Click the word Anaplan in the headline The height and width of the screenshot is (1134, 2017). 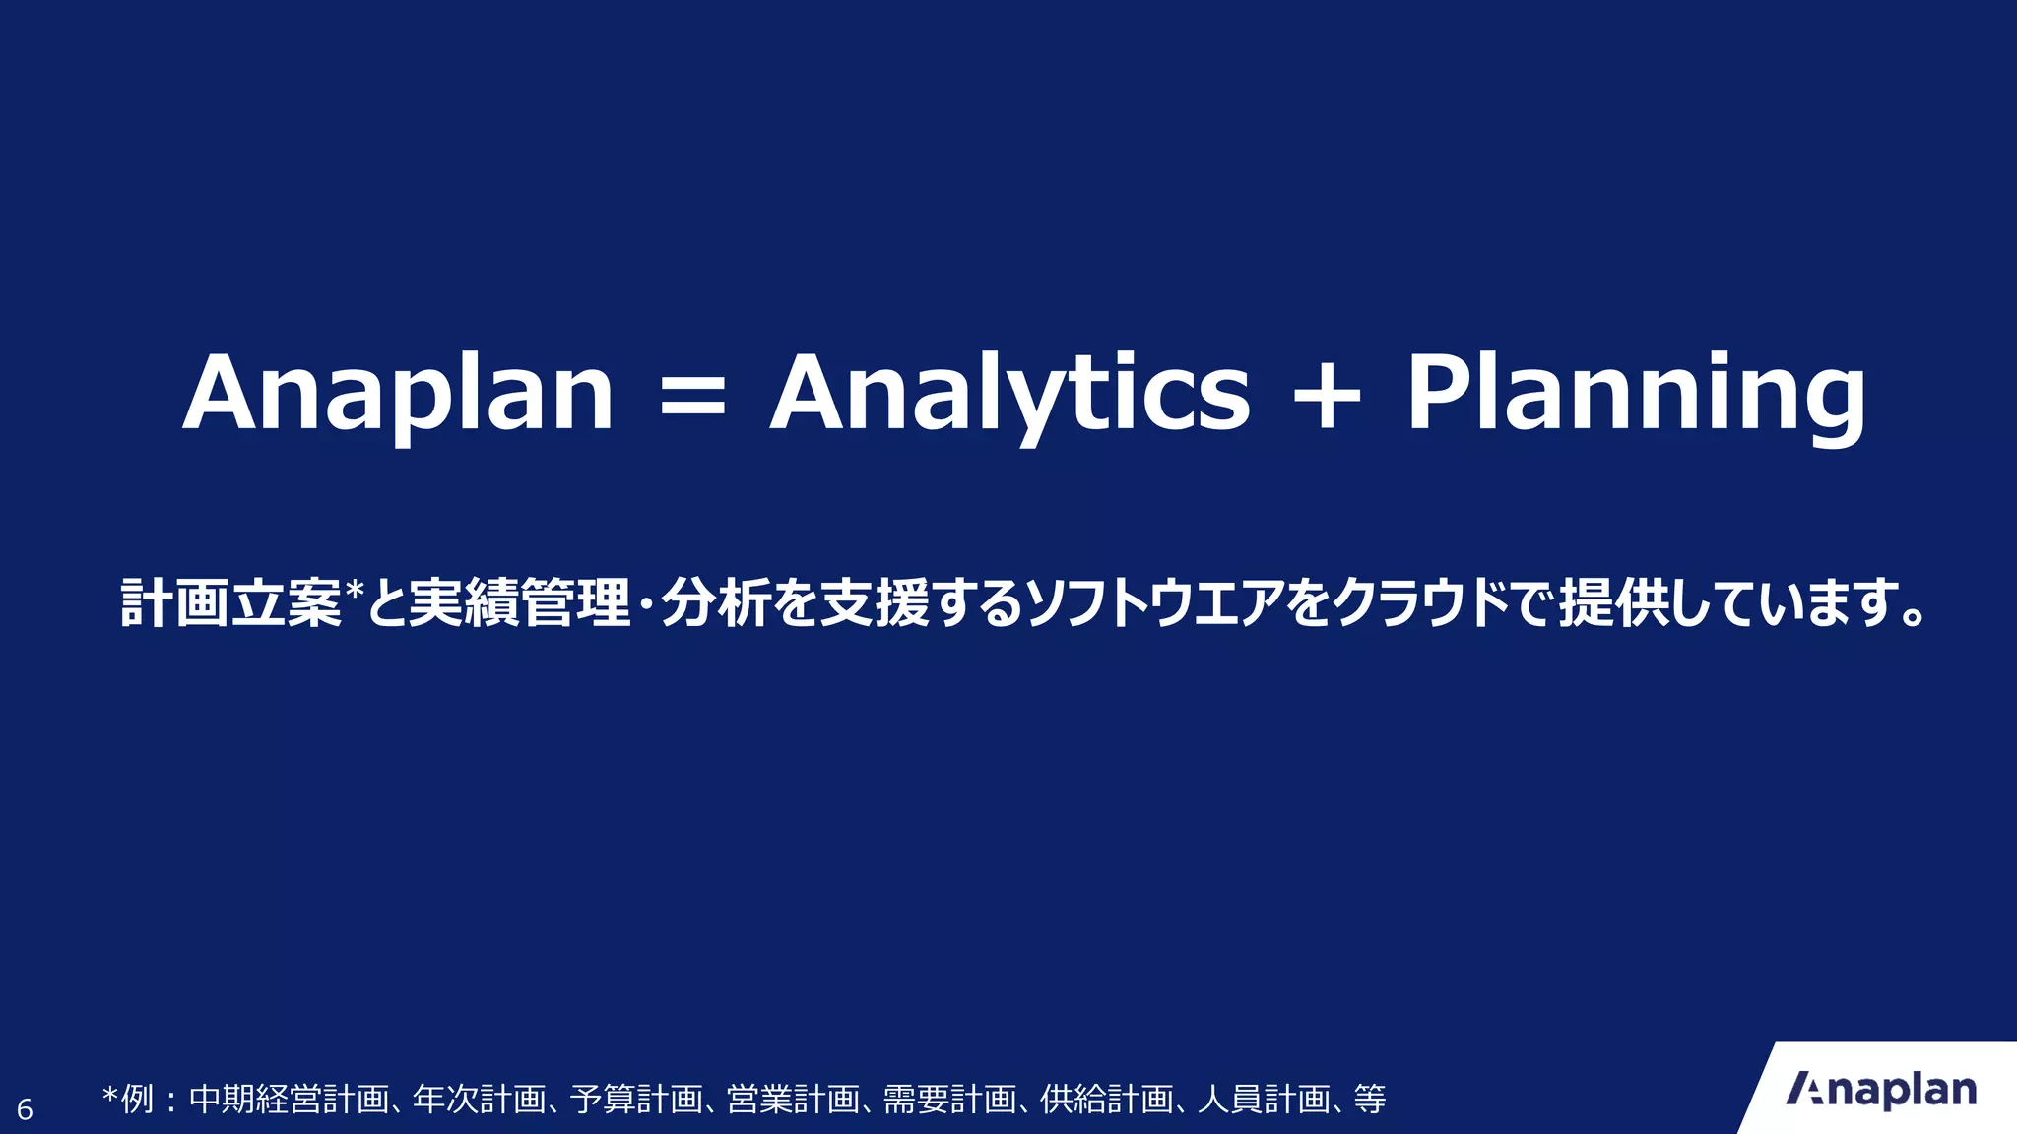coord(399,394)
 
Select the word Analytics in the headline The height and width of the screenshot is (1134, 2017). coord(1009,394)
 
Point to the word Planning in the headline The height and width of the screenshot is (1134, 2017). coord(1635,394)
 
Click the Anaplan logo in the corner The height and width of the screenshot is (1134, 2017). coord(1881,1091)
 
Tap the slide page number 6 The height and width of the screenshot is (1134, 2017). coord(25,1110)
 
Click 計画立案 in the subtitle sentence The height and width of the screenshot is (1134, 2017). coord(231,603)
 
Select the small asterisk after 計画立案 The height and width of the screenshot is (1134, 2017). coord(355,589)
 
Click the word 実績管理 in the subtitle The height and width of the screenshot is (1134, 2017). coord(519,603)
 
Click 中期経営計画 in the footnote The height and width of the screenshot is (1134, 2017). coord(288,1099)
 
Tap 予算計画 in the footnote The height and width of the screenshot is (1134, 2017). coord(635,1099)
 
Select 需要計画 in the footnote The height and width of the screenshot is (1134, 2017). coord(948,1099)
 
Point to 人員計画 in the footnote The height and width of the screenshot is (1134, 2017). coord(1263,1099)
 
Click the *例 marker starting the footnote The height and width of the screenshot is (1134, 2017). coord(128,1099)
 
